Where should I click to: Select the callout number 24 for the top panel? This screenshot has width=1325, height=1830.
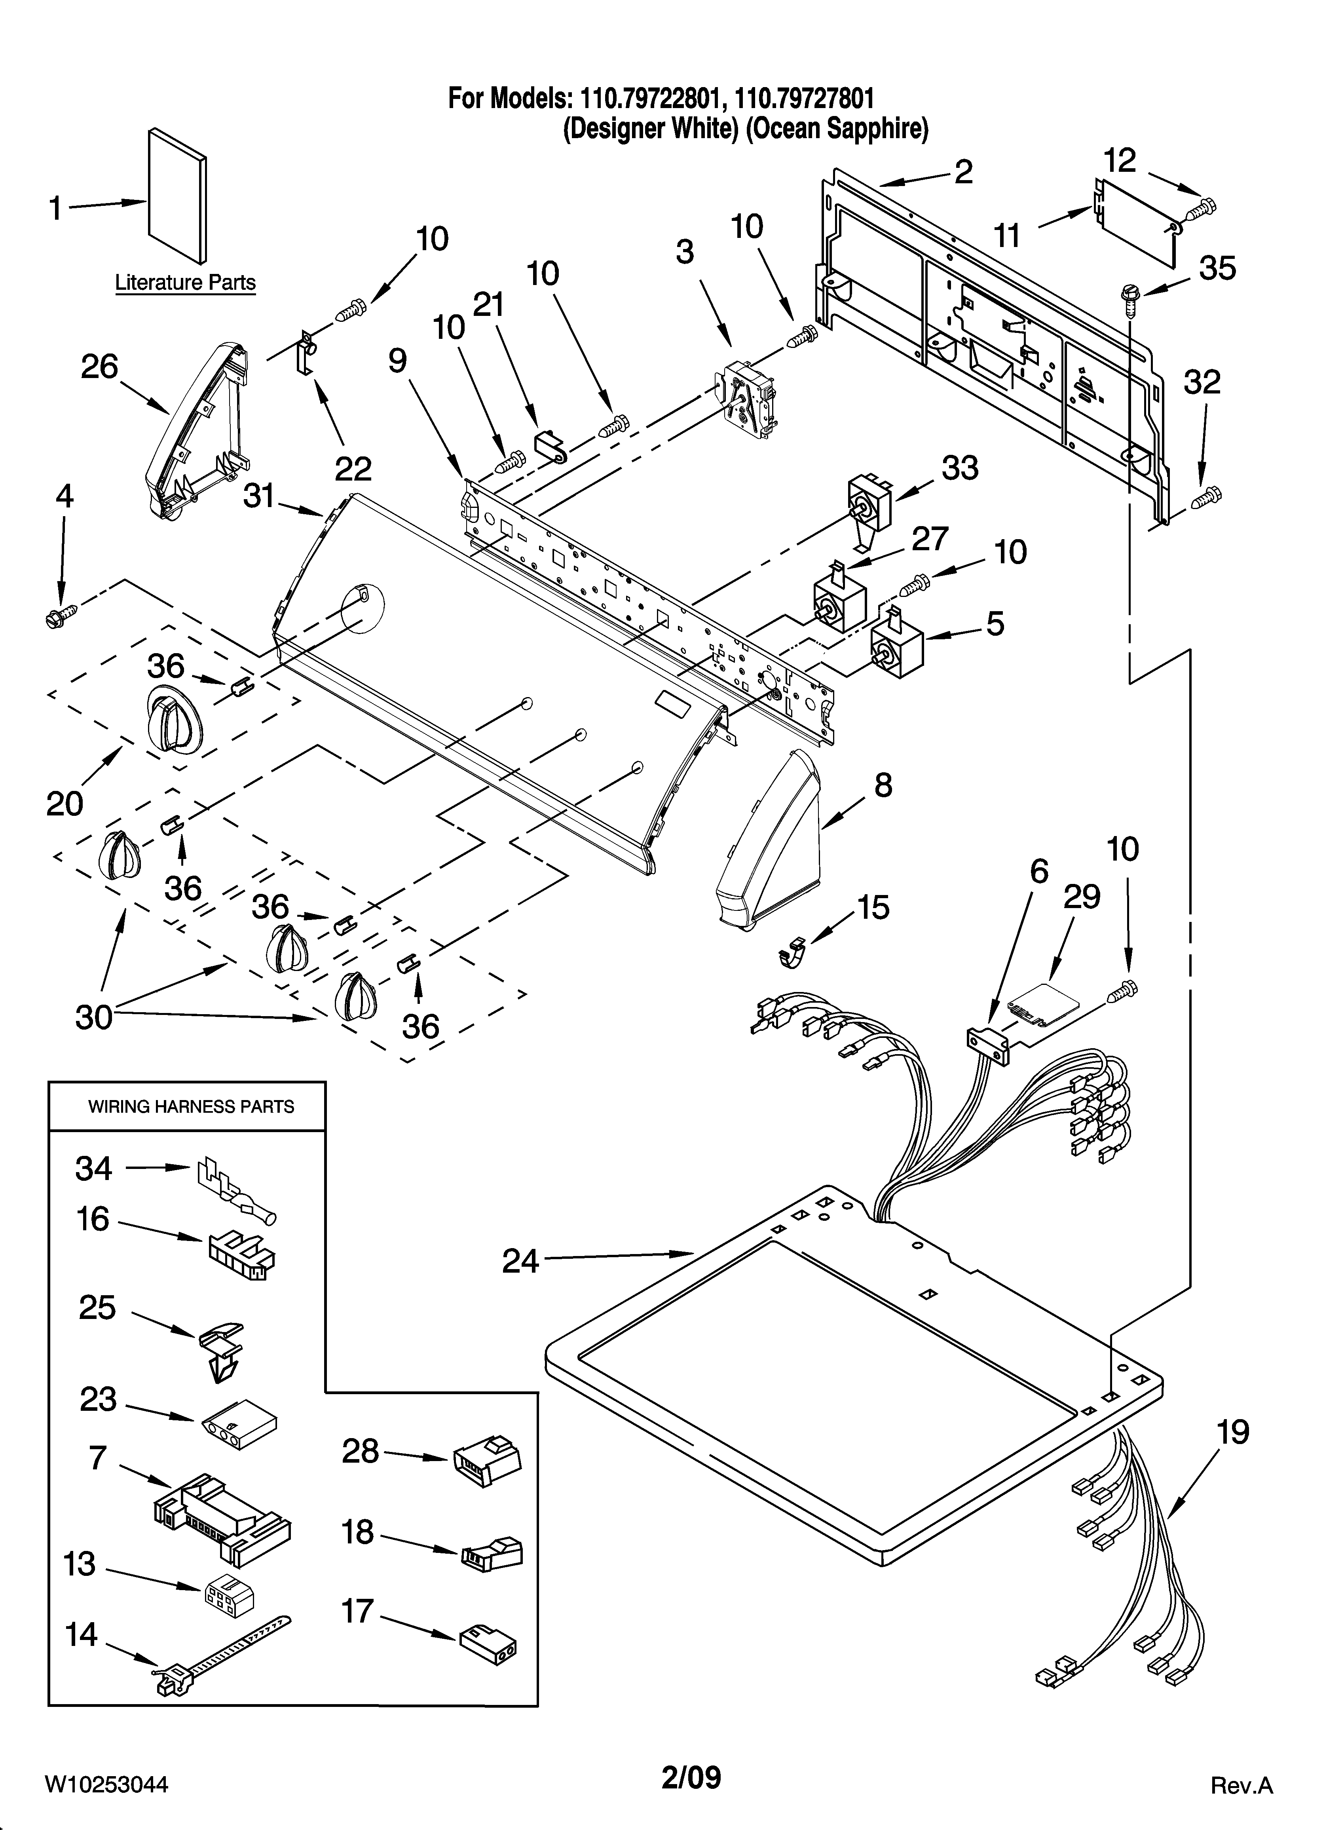tap(520, 1260)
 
